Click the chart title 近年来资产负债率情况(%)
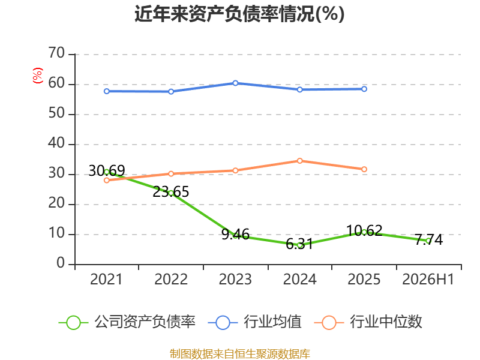239,14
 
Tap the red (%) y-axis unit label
38,76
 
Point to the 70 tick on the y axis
56,53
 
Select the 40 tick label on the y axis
56,143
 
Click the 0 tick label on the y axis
61,263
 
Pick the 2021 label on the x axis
106,279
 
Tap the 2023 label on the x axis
235,279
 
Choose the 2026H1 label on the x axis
428,279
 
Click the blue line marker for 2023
235,83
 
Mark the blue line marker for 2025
364,89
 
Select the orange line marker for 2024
299,161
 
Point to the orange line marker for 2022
171,173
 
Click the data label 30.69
107,170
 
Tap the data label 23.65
171,192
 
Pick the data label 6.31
299,244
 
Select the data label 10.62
364,230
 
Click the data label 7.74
429,239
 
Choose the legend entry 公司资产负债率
127,322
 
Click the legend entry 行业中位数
368,322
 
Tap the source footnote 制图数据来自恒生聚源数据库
239,354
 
